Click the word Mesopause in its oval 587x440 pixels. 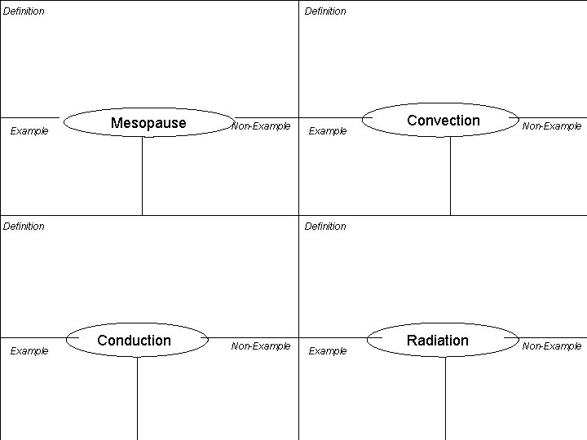click(148, 123)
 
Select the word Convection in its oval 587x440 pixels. click(444, 121)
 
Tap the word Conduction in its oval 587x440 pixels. click(135, 341)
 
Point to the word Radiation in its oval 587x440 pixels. click(438, 341)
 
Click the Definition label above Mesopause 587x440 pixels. click(24, 11)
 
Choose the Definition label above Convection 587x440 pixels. click(325, 11)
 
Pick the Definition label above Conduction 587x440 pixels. click(24, 227)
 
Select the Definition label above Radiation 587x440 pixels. click(325, 227)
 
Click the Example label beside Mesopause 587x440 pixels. click(29, 131)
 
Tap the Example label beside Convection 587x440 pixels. click(328, 131)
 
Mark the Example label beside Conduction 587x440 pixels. click(29, 351)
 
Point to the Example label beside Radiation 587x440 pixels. click(328, 351)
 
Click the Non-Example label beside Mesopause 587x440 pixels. click(261, 126)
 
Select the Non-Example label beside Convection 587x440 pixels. click(552, 126)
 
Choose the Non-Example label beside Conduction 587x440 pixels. click(261, 346)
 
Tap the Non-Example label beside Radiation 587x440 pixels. click(552, 346)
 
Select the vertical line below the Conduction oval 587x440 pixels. click(137, 399)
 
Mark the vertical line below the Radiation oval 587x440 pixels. click(445, 399)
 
